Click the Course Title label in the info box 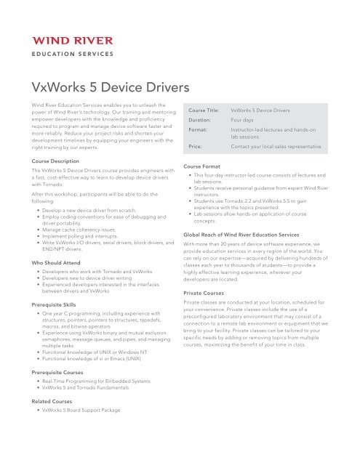coord(204,110)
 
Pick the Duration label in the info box coord(200,123)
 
